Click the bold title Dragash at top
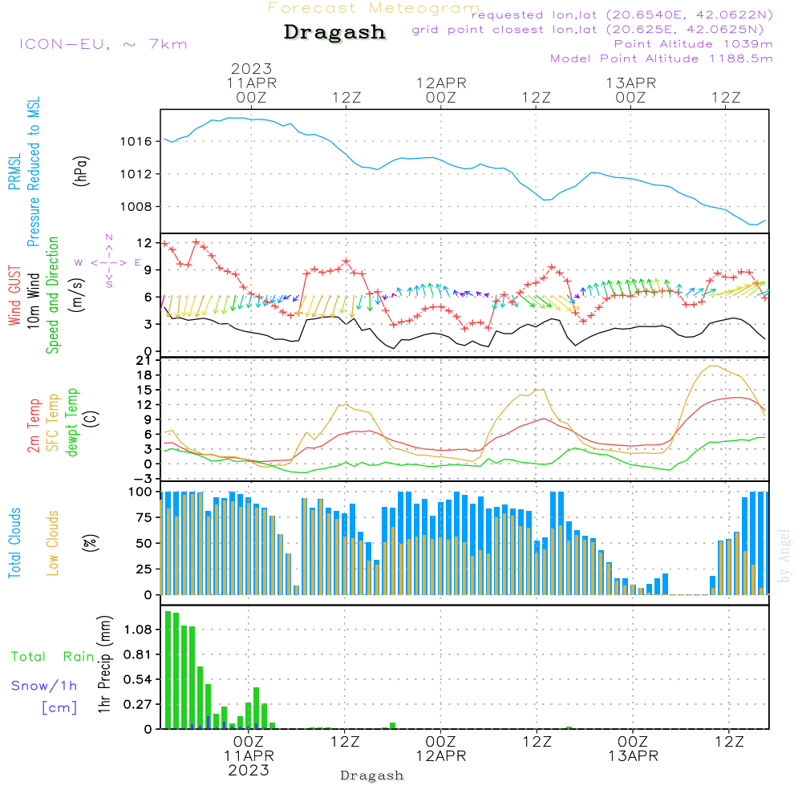click(x=334, y=33)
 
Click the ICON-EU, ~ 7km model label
click(x=103, y=44)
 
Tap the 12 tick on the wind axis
click(x=145, y=242)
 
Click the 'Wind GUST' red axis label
click(x=15, y=297)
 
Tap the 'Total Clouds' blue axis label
click(x=15, y=542)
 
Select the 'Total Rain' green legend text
click(x=53, y=656)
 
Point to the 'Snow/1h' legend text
click(x=45, y=686)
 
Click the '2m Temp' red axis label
click(x=34, y=424)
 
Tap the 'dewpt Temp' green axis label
click(x=71, y=423)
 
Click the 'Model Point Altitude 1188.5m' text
click(x=661, y=59)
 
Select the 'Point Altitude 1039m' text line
click(x=693, y=44)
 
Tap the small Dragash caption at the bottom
click(x=372, y=776)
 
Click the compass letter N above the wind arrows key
click(x=109, y=237)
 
